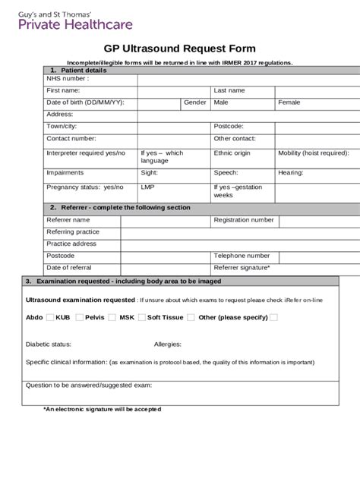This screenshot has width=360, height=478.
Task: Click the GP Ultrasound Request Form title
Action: pyautogui.click(x=179, y=49)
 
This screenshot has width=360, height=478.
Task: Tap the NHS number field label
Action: pyautogui.click(x=67, y=78)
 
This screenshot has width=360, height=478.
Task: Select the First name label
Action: pyautogui.click(x=63, y=90)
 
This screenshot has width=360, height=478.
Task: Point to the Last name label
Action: pyautogui.click(x=229, y=90)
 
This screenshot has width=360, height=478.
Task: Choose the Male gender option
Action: pyautogui.click(x=221, y=102)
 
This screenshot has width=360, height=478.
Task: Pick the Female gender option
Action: pyautogui.click(x=289, y=102)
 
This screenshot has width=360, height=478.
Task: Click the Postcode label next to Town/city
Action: pyautogui.click(x=229, y=126)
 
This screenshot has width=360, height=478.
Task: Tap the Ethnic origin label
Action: pyautogui.click(x=232, y=153)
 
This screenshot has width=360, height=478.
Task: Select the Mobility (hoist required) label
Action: pyautogui.click(x=313, y=153)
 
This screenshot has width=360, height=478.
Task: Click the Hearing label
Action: pyautogui.click(x=291, y=172)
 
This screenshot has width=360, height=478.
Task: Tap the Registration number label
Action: pyautogui.click(x=244, y=219)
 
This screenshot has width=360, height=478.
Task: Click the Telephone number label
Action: pyautogui.click(x=242, y=256)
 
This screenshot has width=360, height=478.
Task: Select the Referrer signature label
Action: pyautogui.click(x=242, y=268)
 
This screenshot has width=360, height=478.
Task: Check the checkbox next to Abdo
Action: pyautogui.click(x=50, y=317)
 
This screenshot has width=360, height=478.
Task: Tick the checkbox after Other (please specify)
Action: pyautogui.click(x=274, y=317)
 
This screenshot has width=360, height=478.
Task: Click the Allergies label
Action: pyautogui.click(x=167, y=344)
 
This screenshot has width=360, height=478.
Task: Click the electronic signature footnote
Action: pyautogui.click(x=102, y=409)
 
